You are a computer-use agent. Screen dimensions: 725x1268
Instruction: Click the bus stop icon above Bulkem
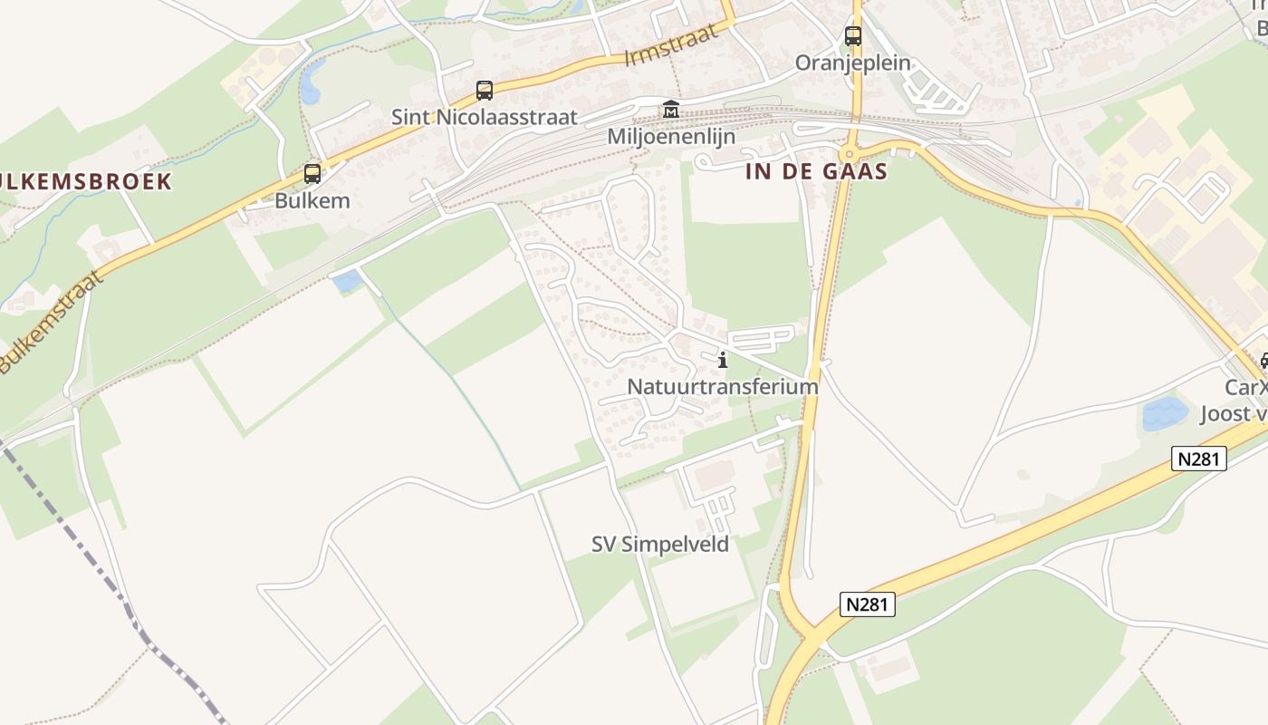pos(312,173)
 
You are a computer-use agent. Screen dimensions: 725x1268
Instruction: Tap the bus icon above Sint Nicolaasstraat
pos(485,90)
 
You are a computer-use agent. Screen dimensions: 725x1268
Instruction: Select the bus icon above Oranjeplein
pos(853,36)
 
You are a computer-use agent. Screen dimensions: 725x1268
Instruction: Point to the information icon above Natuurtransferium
pos(723,361)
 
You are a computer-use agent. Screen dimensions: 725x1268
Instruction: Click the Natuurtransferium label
pos(722,386)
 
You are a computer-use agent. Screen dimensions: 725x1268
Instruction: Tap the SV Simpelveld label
pos(659,544)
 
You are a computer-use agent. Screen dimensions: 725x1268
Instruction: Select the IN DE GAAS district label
pos(816,171)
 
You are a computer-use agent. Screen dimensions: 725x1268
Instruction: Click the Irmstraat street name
pos(671,44)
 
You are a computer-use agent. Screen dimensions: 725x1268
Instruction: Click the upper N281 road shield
pos(1201,459)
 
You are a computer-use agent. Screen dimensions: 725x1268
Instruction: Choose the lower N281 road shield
pos(868,604)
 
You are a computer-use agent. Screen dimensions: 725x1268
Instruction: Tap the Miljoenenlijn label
pos(670,136)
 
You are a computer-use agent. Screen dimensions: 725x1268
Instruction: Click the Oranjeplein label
pos(852,63)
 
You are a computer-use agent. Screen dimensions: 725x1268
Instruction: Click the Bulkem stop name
pos(312,200)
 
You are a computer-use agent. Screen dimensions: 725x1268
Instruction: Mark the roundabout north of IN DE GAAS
pos(850,152)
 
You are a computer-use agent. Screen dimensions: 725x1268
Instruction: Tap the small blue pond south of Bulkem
pos(348,282)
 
